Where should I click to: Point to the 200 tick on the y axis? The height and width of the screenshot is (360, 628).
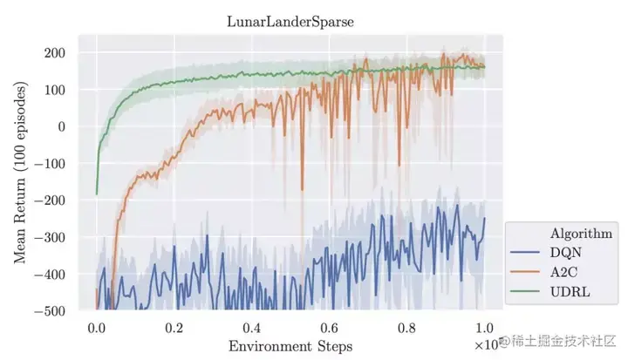pyautogui.click(x=56, y=53)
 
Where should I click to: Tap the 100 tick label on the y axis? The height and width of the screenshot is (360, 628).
pyautogui.click(x=56, y=90)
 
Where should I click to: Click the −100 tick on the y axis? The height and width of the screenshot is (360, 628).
pyautogui.click(x=51, y=164)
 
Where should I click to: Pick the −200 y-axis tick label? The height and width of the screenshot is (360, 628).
pyautogui.click(x=51, y=200)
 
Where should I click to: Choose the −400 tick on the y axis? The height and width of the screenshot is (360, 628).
pyautogui.click(x=51, y=275)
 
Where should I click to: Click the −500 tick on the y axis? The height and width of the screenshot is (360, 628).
pyautogui.click(x=51, y=311)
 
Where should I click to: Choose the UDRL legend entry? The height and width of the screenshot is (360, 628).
pyautogui.click(x=569, y=292)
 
